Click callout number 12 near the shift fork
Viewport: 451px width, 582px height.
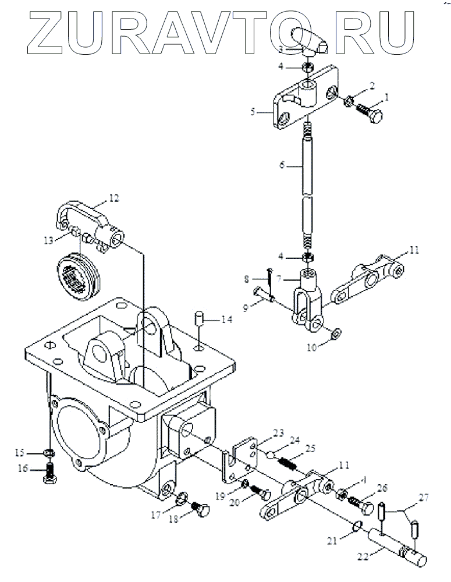[113, 198]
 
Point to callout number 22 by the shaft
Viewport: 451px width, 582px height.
[362, 556]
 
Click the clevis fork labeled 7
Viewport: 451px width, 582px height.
[307, 294]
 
